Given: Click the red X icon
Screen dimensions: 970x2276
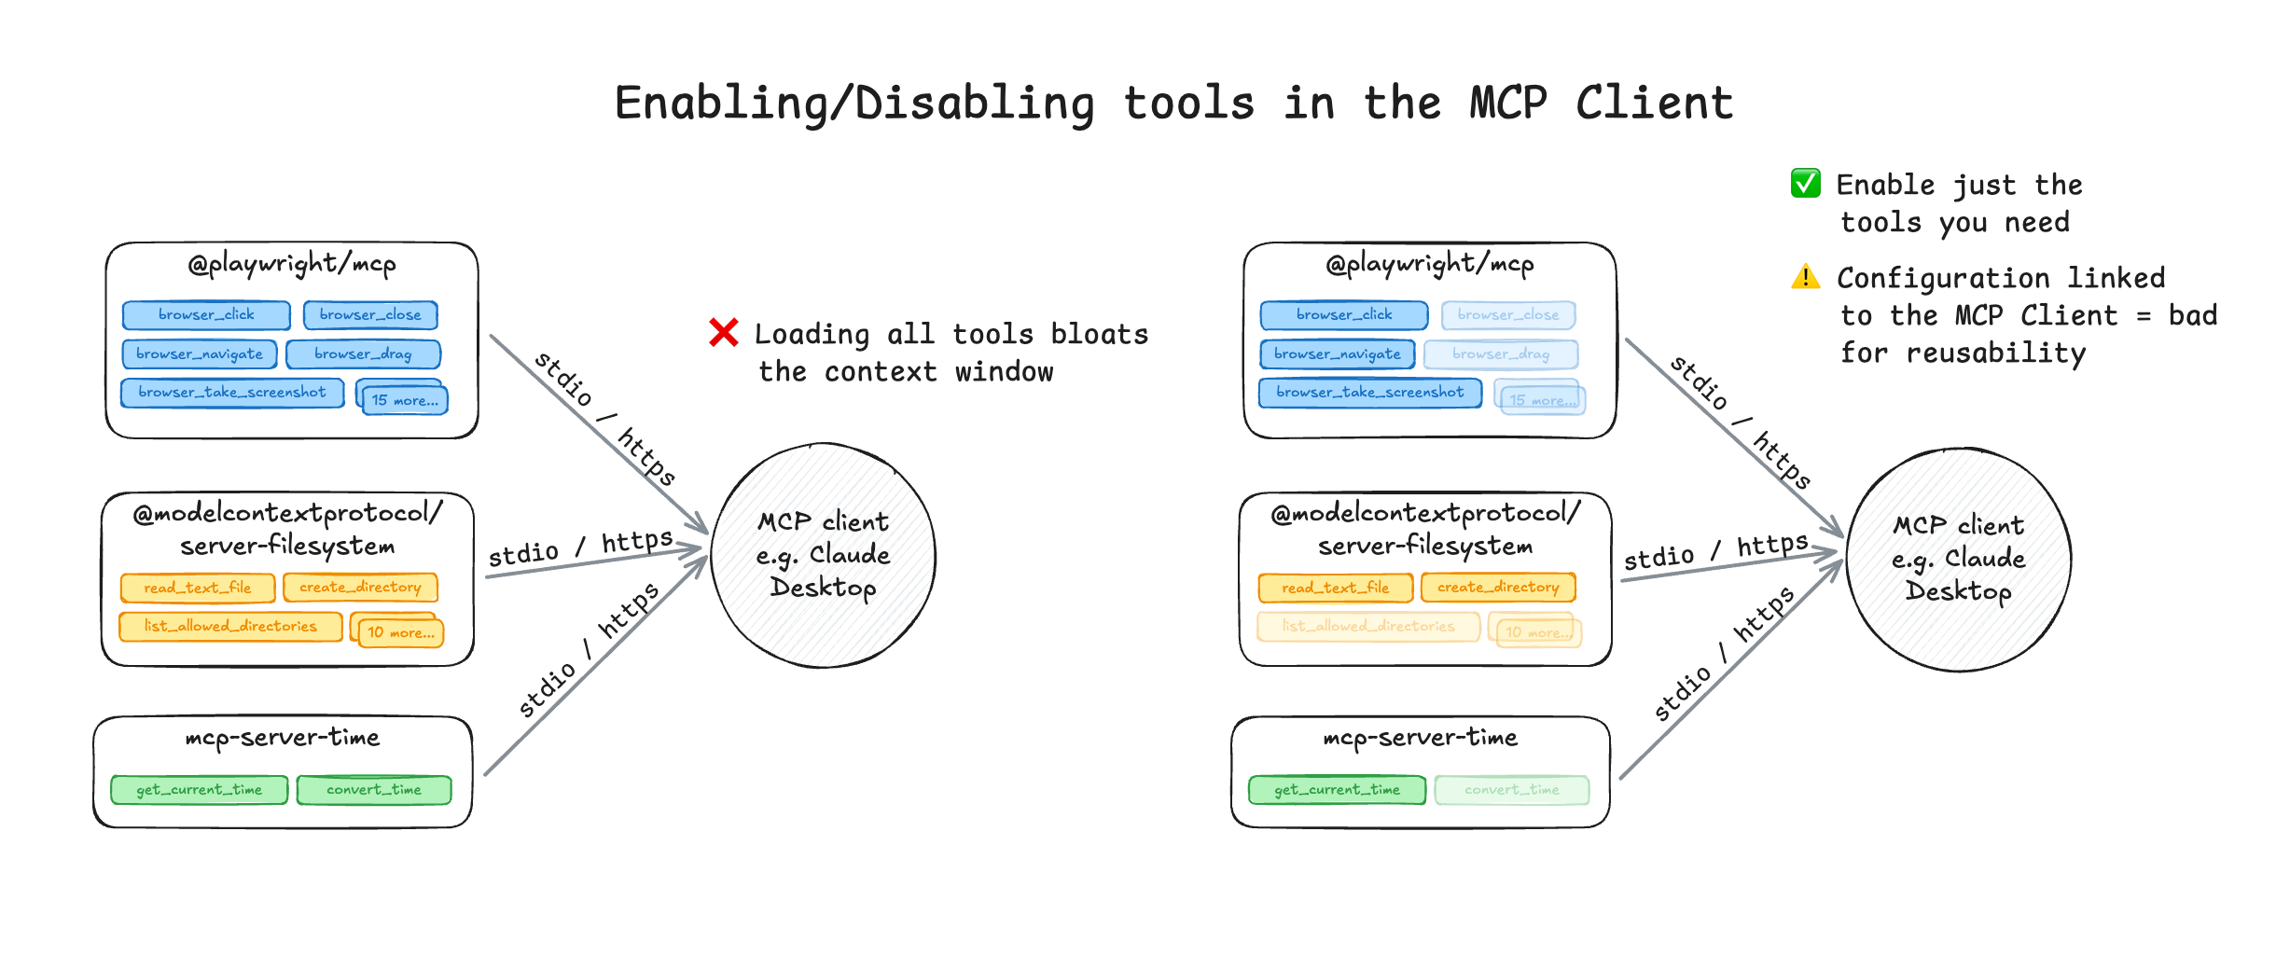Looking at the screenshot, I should tap(723, 332).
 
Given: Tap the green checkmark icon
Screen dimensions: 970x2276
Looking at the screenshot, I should tap(1805, 183).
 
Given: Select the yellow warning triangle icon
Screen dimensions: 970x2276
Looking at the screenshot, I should tap(1805, 277).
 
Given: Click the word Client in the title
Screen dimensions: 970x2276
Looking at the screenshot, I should tap(1653, 103).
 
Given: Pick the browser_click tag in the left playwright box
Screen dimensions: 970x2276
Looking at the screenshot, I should tap(206, 315).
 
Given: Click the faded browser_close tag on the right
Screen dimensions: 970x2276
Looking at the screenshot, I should tap(1507, 315).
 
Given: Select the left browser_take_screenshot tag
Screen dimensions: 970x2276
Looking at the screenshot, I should tap(232, 393).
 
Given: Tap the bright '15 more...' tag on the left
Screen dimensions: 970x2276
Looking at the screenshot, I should tap(404, 400).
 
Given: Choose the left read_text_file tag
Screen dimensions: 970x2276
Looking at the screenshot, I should tap(198, 588).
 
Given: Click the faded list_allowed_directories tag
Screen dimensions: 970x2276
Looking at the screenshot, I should tap(1367, 626).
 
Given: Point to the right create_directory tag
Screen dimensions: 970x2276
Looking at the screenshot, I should tap(1497, 588).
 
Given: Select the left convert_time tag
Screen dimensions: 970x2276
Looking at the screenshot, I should tap(373, 790).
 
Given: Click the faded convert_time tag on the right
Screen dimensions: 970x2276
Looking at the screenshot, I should tap(1511, 790).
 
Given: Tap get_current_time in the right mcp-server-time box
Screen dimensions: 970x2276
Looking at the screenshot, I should tap(1337, 790).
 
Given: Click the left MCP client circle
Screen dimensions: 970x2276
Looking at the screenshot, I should tap(823, 556).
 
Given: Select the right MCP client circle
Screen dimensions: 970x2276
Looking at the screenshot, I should tap(1958, 560).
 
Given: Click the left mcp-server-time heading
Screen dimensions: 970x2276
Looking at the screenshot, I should tap(283, 738).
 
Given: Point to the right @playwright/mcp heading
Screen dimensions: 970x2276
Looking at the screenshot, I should tap(1429, 264).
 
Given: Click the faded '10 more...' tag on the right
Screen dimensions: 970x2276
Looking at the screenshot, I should tap(1537, 632).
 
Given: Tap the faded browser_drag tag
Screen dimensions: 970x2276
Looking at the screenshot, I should tap(1501, 354).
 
